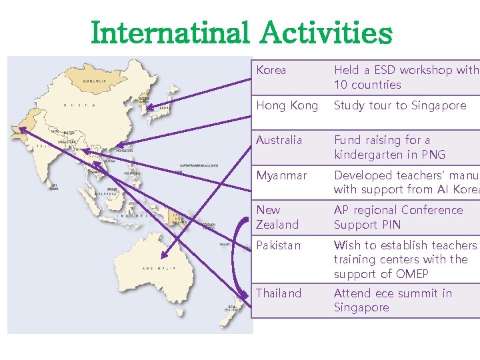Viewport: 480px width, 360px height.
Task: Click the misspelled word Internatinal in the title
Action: coord(169,33)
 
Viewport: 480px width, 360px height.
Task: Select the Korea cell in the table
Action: coord(271,70)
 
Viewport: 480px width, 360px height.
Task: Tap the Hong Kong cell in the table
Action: coord(287,105)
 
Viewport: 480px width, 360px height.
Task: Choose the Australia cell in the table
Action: coord(279,140)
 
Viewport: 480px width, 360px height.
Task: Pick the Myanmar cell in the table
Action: coord(281,175)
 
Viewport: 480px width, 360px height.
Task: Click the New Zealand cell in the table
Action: coord(277,217)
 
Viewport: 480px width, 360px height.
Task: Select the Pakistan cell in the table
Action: coord(279,245)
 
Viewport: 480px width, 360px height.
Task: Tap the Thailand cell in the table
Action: coord(279,293)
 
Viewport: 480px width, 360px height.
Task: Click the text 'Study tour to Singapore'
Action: coord(400,105)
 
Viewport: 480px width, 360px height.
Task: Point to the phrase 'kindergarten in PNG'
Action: coord(389,155)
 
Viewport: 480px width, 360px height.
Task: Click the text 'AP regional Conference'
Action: coord(398,210)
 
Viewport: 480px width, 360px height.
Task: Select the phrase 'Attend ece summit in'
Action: coord(393,293)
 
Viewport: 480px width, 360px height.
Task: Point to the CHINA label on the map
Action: coord(79,105)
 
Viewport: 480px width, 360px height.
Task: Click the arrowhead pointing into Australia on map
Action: coord(162,254)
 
